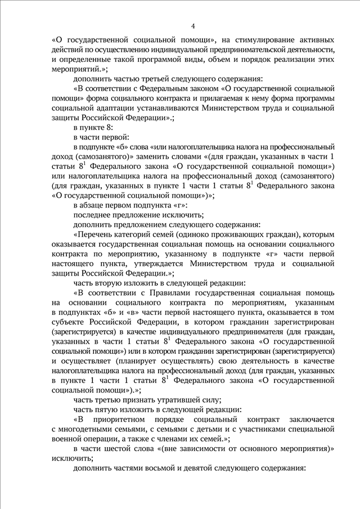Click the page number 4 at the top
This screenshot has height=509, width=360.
[193, 26]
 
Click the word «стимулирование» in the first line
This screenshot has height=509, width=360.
[248, 40]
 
